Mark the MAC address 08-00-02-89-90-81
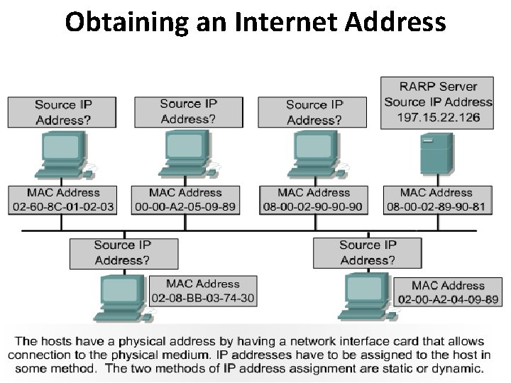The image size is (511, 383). (x=436, y=206)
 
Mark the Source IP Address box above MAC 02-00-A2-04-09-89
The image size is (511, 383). (x=367, y=252)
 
